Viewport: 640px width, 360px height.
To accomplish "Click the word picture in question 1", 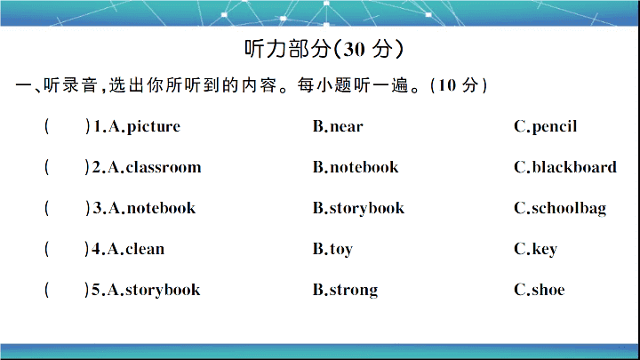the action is coord(154,127).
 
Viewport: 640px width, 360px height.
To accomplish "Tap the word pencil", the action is coord(555,127).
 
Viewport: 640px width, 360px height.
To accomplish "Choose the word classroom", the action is coord(164,167).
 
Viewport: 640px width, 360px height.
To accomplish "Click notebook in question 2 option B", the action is coord(364,167).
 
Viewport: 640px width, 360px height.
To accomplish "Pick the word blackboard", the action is coord(574,167).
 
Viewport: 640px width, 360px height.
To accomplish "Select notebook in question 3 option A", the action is coord(161,208).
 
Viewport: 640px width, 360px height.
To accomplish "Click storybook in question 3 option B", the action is coord(367,209).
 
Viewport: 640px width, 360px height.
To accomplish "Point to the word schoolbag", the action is coord(569,209).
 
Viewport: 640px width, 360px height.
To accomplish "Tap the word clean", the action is coord(145,249).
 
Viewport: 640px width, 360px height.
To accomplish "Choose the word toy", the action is coord(341,250).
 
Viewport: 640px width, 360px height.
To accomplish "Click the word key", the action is coord(545,250).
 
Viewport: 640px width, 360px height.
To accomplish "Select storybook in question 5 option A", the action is coord(163,290).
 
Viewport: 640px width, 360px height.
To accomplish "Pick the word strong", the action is coord(354,290).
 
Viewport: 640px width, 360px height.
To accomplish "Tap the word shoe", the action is coord(548,290).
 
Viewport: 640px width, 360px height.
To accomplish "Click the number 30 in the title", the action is coord(354,50).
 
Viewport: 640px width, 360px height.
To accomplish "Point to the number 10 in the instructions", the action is coord(446,85).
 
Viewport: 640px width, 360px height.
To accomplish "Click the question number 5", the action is coord(96,290).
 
